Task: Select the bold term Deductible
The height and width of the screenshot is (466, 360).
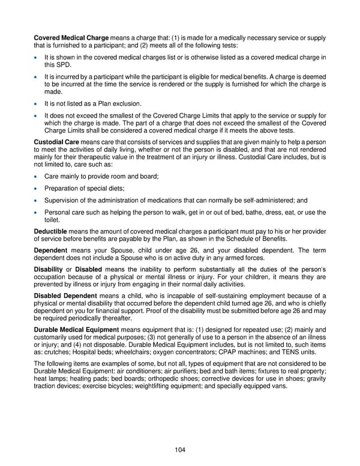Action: click(50, 231)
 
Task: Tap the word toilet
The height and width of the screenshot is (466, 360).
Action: click(53, 220)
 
